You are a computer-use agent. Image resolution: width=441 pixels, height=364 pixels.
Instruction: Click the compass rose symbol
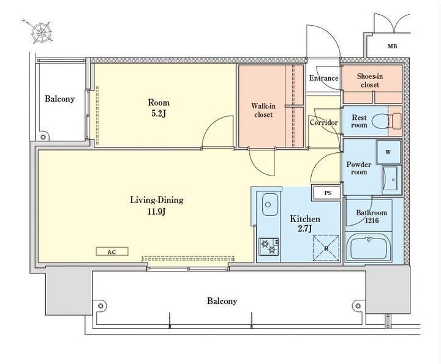click(x=42, y=32)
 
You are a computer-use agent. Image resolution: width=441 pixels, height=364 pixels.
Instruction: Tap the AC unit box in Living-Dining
click(x=112, y=251)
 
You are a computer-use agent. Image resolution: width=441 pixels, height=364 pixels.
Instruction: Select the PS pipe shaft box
click(x=327, y=193)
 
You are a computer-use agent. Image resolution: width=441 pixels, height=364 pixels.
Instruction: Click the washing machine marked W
click(x=388, y=152)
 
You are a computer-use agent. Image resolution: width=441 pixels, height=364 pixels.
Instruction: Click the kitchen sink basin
click(x=270, y=204)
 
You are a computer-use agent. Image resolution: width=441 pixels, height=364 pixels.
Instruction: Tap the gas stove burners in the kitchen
click(x=269, y=247)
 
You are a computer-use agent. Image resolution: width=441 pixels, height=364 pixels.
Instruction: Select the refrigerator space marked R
click(x=326, y=248)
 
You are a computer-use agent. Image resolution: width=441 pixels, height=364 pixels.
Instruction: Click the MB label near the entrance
click(x=393, y=46)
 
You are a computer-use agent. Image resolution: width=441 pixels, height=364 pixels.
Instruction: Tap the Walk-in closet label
click(x=263, y=110)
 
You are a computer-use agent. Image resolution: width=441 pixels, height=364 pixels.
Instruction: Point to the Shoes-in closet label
click(x=370, y=80)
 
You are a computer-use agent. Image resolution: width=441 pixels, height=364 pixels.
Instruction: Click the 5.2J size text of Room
click(x=159, y=113)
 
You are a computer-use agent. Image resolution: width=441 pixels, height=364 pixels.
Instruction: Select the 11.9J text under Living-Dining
click(x=156, y=211)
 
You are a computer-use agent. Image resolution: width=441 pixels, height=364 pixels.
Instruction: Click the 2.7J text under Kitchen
click(x=305, y=229)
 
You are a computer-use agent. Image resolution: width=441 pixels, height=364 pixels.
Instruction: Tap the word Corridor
click(x=324, y=123)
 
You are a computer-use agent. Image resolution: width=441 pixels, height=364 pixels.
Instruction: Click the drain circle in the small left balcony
click(x=43, y=137)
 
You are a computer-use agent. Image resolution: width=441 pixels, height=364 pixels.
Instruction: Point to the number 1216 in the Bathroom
click(x=372, y=221)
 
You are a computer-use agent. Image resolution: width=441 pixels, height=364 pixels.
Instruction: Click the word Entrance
click(x=324, y=78)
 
